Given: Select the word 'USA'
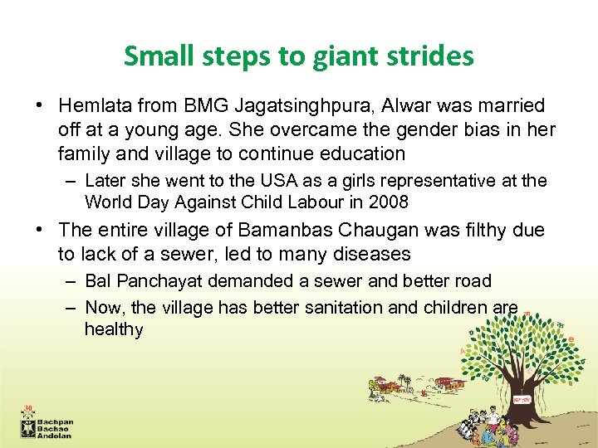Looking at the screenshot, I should (261, 181).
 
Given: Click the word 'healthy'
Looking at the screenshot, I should (114, 329).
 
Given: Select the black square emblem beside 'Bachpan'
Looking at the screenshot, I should (29, 427).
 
